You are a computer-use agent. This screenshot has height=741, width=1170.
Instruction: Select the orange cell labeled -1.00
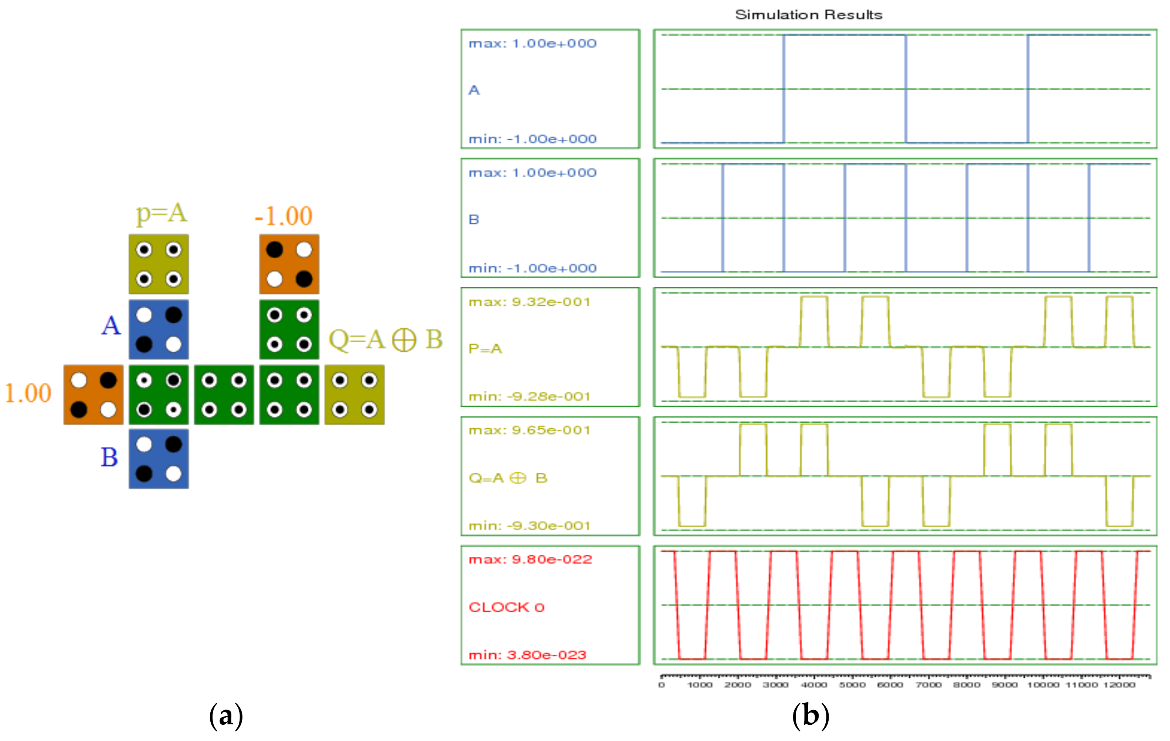click(289, 264)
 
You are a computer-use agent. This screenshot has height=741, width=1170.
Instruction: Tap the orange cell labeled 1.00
click(93, 395)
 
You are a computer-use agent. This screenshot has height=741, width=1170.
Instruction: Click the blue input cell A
click(158, 330)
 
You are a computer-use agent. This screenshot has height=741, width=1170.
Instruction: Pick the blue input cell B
click(158, 459)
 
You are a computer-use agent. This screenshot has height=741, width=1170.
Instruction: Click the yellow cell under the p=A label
click(158, 264)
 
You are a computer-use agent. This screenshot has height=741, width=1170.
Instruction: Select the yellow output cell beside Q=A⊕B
click(354, 395)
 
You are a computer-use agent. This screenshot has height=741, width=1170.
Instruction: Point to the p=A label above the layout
click(161, 213)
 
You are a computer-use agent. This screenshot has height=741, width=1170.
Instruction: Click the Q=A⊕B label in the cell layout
click(385, 339)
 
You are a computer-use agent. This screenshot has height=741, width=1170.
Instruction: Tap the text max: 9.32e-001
click(529, 302)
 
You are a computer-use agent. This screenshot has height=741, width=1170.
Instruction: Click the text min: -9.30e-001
click(529, 526)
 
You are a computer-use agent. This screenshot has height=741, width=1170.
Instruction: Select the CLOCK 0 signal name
click(506, 607)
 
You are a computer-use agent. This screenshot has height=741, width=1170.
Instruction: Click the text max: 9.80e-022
click(530, 559)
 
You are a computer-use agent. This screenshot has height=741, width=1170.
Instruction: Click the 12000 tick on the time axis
click(1119, 685)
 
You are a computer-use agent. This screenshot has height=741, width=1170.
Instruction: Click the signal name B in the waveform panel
click(474, 219)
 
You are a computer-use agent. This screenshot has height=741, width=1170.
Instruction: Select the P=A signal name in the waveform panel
click(485, 349)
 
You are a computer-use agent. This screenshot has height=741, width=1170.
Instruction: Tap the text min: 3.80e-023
click(527, 655)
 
